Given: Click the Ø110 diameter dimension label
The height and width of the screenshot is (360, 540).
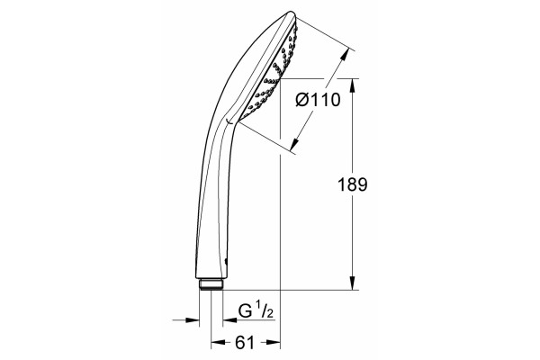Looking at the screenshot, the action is (x=319, y=100).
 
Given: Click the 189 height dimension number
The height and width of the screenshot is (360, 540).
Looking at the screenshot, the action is (x=352, y=184).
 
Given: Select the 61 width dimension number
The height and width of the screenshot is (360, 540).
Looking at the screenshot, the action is (x=245, y=342).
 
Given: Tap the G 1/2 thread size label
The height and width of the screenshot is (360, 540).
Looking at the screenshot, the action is (x=256, y=311).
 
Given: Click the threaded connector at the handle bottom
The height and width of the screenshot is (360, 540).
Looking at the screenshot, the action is (x=211, y=283).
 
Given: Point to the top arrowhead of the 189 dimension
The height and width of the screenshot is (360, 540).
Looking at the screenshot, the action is (x=352, y=85).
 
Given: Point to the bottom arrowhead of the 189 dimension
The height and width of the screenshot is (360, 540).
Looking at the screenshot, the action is (x=352, y=283).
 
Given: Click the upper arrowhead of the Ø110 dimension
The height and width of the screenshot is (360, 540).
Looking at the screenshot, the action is (x=346, y=54).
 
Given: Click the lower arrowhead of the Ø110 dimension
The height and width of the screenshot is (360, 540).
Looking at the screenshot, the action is (x=294, y=145).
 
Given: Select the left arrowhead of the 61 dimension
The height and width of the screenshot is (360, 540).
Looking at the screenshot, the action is (x=218, y=342).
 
